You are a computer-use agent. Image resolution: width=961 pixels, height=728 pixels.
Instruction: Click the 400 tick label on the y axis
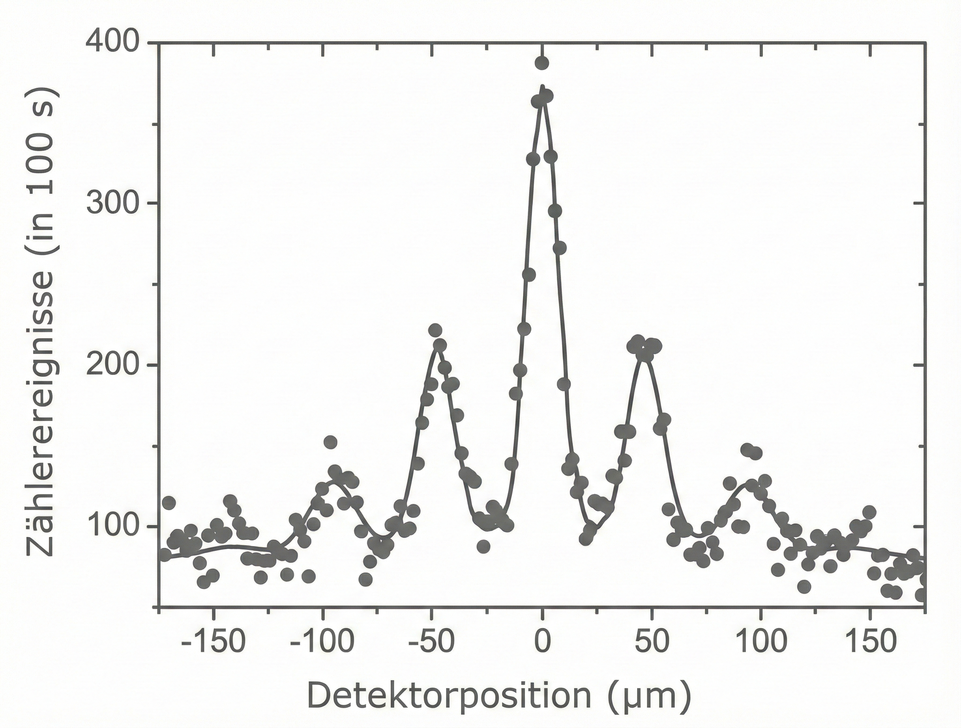[112, 42]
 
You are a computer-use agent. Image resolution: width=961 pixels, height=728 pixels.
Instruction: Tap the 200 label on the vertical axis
[112, 365]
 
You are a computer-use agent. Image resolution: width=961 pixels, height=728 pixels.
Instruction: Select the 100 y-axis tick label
[112, 526]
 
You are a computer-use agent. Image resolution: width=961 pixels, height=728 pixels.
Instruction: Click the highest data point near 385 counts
[542, 63]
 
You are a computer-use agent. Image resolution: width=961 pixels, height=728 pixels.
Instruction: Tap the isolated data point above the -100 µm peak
[331, 442]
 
